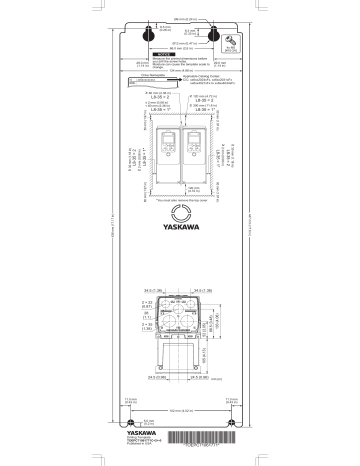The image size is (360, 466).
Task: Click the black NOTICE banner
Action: pyautogui.click(x=181, y=57)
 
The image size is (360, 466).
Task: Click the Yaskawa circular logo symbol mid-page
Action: pyautogui.click(x=180, y=213)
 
